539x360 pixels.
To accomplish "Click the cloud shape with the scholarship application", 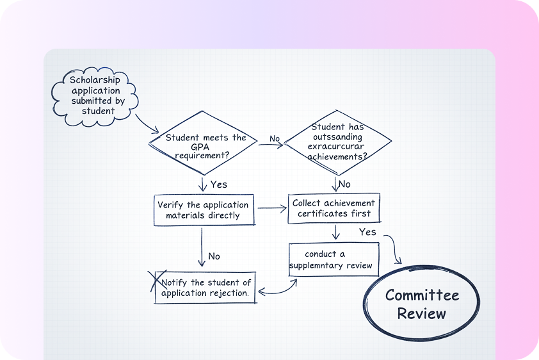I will [93, 96].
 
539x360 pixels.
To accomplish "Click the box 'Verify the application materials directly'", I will [204, 210].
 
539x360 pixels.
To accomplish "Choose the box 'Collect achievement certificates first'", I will [334, 208].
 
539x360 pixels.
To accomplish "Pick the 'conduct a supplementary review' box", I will [330, 259].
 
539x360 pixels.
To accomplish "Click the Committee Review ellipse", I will [421, 304].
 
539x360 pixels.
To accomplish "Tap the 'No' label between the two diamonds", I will [275, 138].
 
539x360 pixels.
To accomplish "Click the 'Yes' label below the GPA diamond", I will [218, 184].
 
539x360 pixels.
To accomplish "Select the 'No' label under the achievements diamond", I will [344, 184].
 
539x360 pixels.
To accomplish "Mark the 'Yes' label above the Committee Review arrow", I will [367, 231].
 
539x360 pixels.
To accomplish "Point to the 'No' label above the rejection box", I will [214, 256].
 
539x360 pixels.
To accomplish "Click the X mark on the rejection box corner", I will [154, 282].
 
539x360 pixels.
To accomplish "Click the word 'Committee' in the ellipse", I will [422, 295].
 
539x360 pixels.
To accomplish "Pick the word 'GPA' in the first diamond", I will [203, 146].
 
